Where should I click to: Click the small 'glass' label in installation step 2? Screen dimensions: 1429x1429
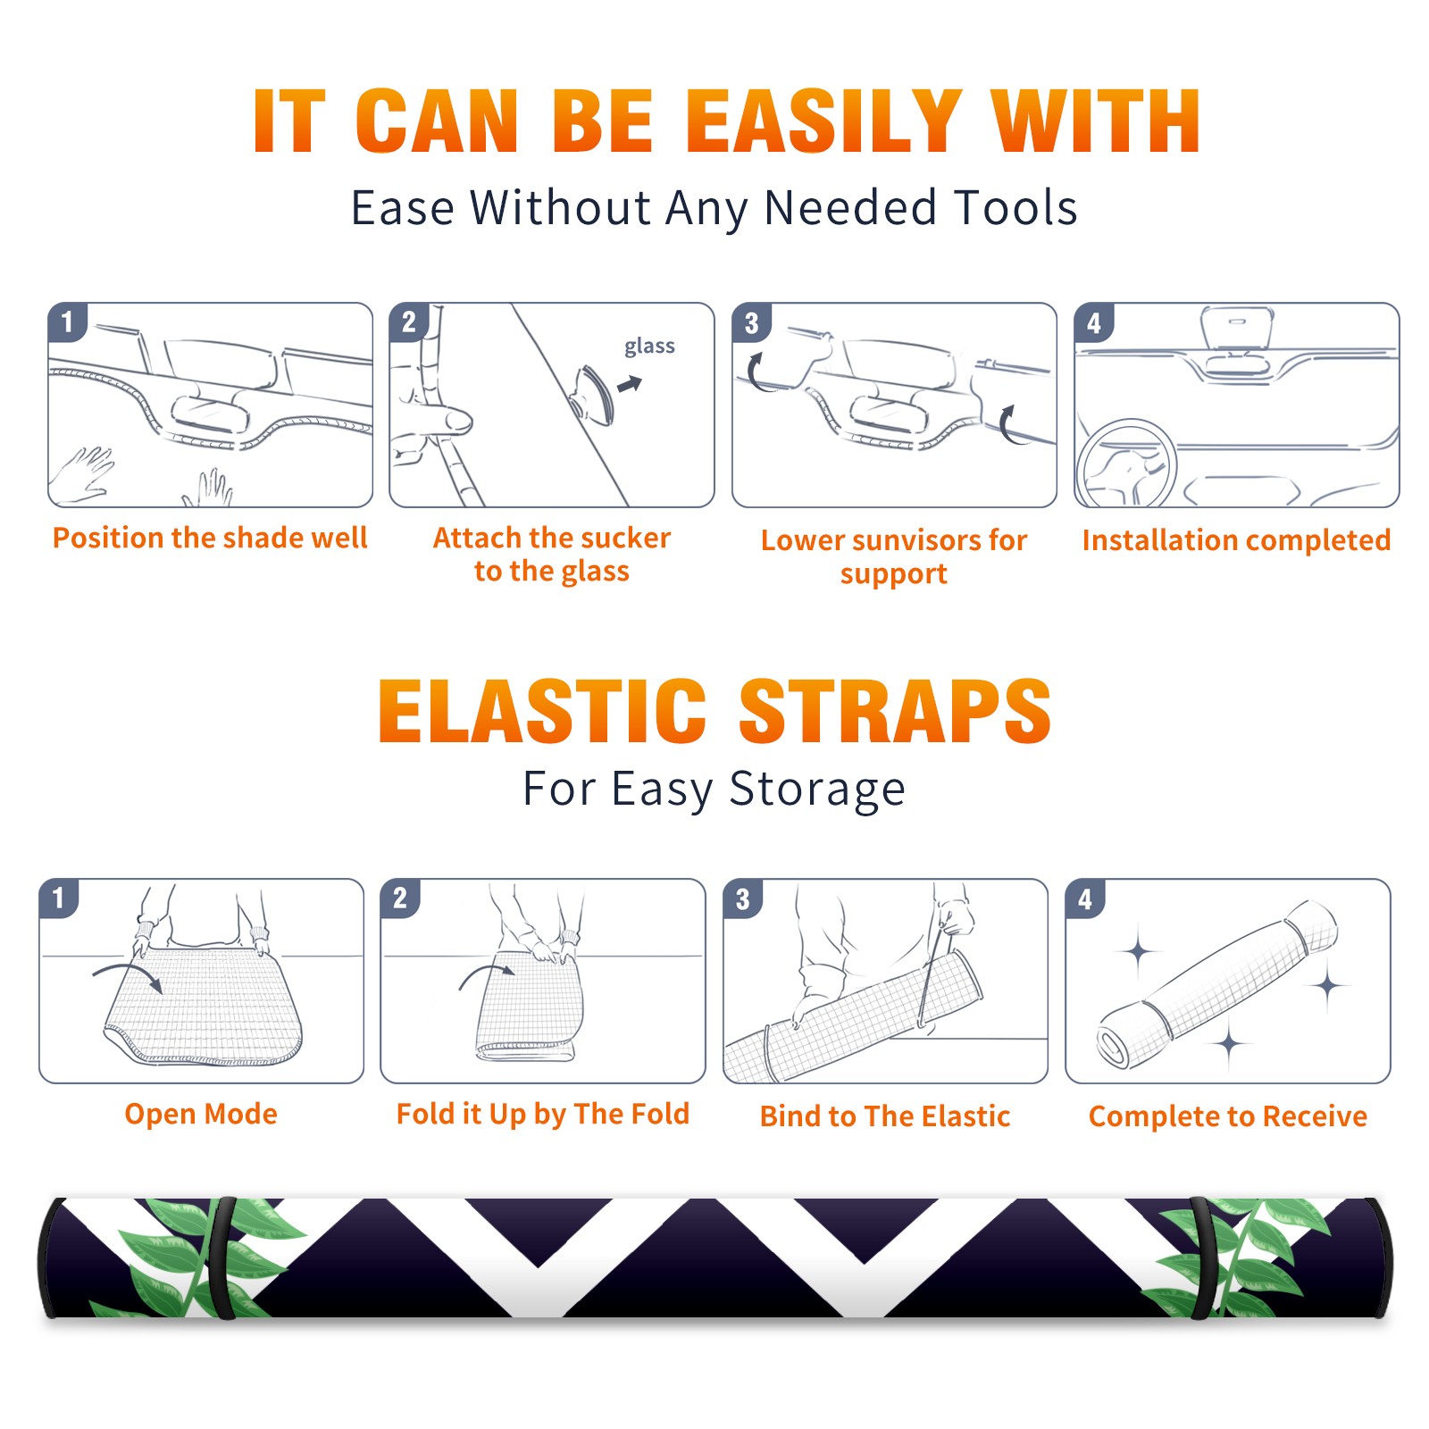click(x=649, y=347)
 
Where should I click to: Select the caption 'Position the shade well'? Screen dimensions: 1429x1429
click(x=210, y=538)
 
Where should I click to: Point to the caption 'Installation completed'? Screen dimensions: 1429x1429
click(x=1236, y=539)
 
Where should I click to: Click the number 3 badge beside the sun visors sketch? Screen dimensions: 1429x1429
click(x=751, y=323)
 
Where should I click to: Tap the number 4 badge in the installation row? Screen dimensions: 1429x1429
click(x=1094, y=323)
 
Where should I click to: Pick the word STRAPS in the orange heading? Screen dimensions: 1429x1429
click(x=895, y=711)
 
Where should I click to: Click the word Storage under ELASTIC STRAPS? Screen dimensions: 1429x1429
click(x=817, y=790)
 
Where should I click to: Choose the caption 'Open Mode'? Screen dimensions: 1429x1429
click(x=201, y=1114)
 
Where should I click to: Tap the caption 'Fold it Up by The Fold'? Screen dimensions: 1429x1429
click(x=543, y=1114)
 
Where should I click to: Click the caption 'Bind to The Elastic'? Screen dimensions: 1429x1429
click(x=885, y=1116)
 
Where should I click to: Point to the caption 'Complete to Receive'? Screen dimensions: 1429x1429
click(x=1228, y=1116)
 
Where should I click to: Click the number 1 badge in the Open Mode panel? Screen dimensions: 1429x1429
click(x=59, y=898)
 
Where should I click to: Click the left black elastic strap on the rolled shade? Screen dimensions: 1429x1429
click(x=221, y=1258)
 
